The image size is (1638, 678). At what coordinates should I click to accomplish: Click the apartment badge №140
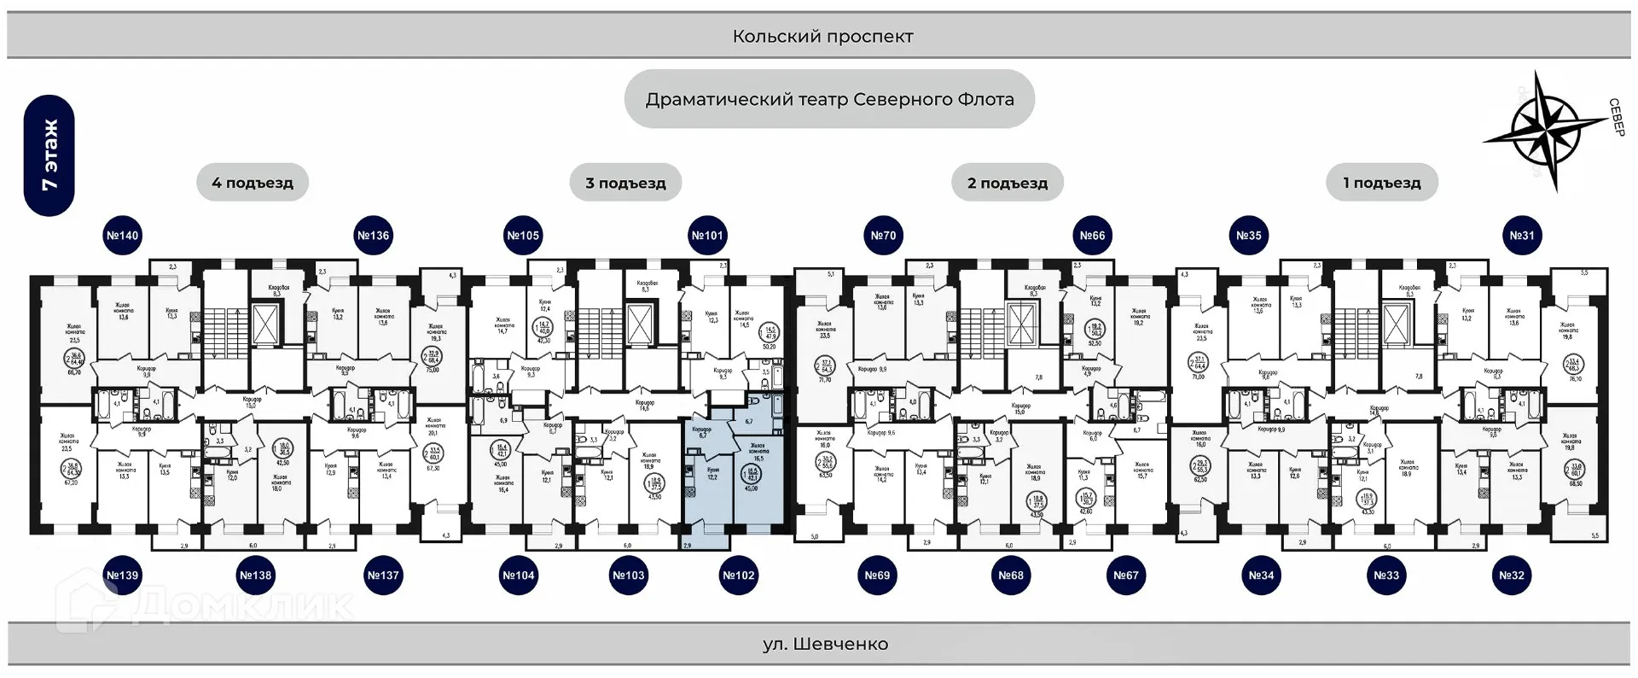pos(122,236)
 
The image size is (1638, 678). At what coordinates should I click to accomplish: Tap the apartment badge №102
pos(739,576)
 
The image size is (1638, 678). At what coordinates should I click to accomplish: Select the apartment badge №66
pos(1092,236)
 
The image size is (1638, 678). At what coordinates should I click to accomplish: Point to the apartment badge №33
pos(1386,576)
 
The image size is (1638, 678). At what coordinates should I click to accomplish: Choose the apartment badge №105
pos(523,236)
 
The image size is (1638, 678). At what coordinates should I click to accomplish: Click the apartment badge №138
pos(255,576)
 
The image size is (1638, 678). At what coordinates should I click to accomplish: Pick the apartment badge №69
pos(877,576)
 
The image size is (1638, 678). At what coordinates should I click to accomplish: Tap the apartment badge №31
pos(1522,236)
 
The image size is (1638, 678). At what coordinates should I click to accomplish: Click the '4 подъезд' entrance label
pos(253,183)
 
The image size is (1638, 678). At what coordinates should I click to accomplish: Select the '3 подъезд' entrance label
pos(625,183)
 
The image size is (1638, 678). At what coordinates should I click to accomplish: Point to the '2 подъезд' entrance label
pos(1008,183)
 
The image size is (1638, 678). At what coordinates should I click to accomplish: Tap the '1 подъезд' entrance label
pos(1382,183)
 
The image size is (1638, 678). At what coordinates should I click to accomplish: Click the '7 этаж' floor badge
pos(49,155)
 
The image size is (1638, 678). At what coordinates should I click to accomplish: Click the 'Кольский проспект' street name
pos(822,37)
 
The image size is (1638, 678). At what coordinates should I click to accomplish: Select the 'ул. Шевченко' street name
pos(825,645)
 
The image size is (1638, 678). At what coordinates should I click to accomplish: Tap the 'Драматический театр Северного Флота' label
pos(829,99)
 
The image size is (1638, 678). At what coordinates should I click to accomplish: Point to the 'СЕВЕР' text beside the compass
pos(1616,117)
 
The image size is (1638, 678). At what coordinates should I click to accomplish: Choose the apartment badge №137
pos(383,576)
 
